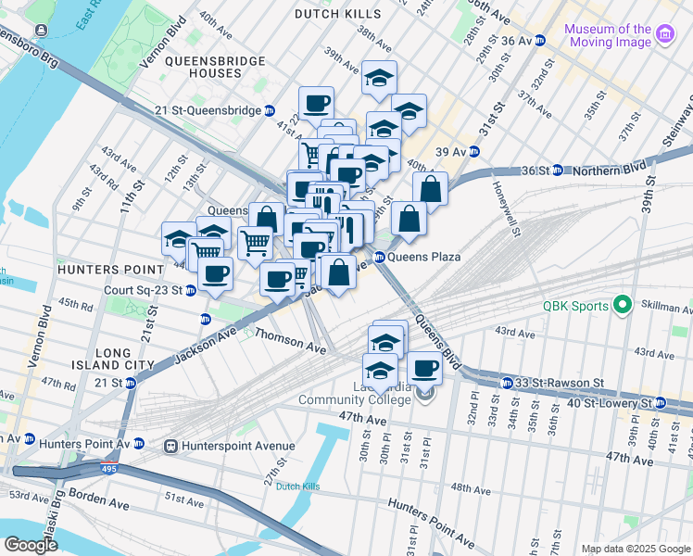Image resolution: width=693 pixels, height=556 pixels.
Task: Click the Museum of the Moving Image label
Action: point(608,35)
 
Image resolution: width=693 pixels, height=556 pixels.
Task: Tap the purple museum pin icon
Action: point(664,35)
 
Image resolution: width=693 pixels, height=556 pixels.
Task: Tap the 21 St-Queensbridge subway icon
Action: point(269,110)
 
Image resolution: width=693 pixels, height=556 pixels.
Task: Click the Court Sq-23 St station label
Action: point(143,289)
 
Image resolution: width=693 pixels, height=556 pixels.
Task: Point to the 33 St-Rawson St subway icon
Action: point(507,383)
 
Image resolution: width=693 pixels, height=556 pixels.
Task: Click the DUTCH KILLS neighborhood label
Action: point(337,14)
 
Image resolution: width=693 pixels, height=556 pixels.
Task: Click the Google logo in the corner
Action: point(31,545)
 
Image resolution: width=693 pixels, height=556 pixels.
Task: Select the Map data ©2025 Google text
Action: point(635,548)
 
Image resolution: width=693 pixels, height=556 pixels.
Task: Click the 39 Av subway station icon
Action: point(474,152)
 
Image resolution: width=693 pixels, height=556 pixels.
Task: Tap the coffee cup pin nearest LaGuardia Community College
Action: point(424,368)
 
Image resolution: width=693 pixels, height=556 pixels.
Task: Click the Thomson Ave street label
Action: point(290,341)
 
